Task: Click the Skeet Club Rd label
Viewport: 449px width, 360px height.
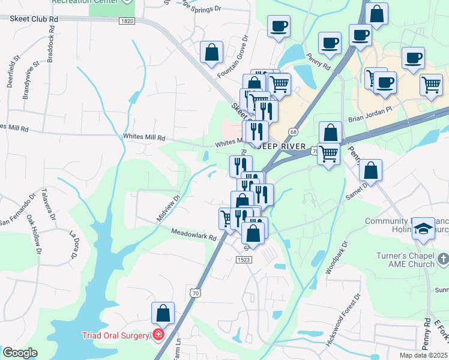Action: pos(34,19)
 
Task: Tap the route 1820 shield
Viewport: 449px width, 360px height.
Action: pos(126,21)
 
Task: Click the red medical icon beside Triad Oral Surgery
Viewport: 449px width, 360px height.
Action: pos(158,334)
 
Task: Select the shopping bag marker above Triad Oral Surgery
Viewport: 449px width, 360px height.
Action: pos(163,313)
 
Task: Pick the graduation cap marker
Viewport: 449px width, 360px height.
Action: pos(423,229)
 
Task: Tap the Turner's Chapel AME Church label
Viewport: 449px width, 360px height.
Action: pos(405,260)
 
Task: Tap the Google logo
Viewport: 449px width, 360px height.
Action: pos(20,353)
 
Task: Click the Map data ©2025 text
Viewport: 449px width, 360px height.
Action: pos(424,355)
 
